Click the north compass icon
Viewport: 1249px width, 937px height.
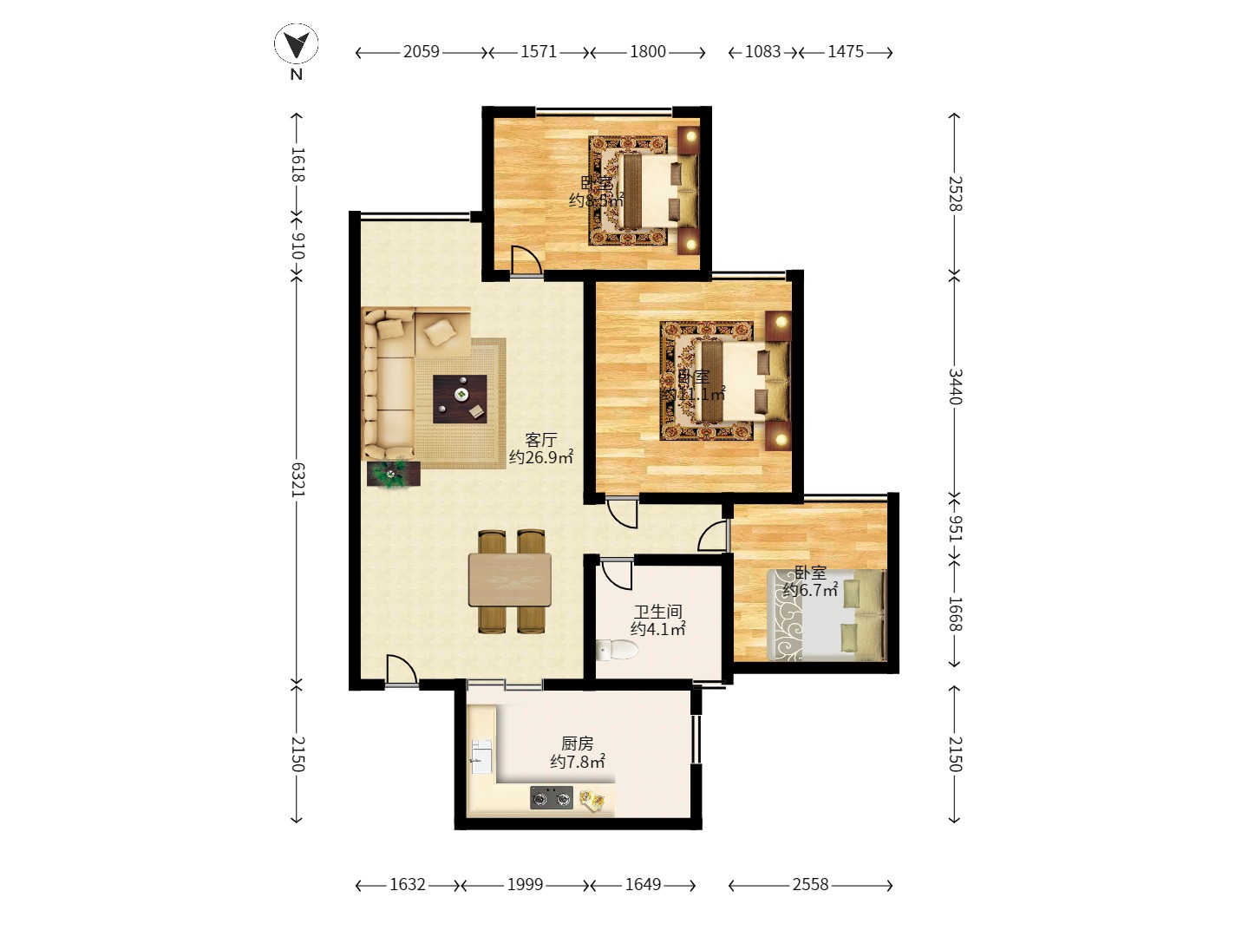297,44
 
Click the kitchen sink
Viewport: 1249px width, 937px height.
481,757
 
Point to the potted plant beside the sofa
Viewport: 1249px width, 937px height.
393,474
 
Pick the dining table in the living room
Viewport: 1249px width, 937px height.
510,580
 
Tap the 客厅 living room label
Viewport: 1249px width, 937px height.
540,440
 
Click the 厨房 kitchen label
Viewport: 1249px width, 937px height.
577,744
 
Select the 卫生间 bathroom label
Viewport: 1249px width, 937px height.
657,612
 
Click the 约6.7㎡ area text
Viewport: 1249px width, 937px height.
810,591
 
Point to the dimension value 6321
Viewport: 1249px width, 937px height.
298,480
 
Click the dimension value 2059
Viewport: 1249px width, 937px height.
422,52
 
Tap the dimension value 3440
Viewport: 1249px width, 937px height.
954,387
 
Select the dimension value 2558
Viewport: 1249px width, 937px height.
810,885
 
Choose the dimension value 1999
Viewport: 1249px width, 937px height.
525,885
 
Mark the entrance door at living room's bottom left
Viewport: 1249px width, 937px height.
400,670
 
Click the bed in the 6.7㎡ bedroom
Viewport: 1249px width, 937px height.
826,615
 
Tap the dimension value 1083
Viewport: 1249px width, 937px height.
763,52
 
